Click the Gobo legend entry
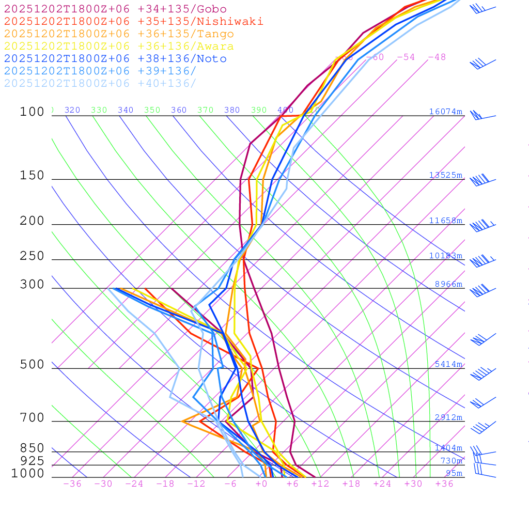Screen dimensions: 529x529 coord(115,9)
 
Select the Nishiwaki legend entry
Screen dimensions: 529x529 coord(133,21)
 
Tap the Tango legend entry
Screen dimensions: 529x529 coord(119,34)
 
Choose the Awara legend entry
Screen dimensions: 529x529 coord(119,46)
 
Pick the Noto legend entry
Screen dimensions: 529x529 coord(115,59)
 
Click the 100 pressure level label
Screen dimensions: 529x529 coord(32,112)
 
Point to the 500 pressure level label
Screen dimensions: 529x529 coord(32,365)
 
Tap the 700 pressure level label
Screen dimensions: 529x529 coord(32,417)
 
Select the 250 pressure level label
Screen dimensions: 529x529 coord(32,256)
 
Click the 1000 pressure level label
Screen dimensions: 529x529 coord(28,473)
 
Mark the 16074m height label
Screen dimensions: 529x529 coord(445,112)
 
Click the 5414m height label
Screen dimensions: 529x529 coord(448,364)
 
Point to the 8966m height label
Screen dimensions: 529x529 coord(448,284)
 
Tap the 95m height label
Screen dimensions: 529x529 coord(454,473)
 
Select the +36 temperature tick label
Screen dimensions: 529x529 coord(444,484)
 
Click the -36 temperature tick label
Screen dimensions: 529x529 coord(72,484)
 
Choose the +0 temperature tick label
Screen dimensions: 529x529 coord(261,484)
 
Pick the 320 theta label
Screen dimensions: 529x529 coord(72,110)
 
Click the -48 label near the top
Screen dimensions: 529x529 coord(437,57)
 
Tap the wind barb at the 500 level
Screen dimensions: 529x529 coord(480,373)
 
